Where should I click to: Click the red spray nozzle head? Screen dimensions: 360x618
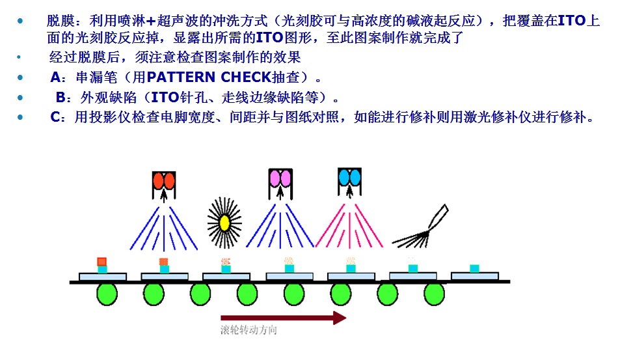click(164, 180)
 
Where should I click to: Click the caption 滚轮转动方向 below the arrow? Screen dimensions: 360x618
click(249, 330)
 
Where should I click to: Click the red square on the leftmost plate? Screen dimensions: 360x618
click(102, 261)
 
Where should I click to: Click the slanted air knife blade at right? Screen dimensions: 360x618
click(438, 216)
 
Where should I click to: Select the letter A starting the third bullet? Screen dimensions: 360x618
click(55, 78)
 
